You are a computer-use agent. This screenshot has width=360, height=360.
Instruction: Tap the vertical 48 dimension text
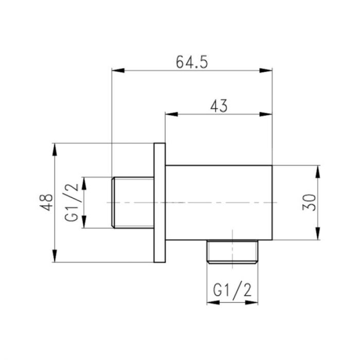pyautogui.click(x=47, y=202)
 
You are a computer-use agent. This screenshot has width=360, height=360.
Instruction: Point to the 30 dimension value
pyautogui.click(x=309, y=202)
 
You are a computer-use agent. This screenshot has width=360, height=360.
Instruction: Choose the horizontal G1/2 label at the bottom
pyautogui.click(x=232, y=291)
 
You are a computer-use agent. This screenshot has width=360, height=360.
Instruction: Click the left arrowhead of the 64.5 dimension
pyautogui.click(x=117, y=70)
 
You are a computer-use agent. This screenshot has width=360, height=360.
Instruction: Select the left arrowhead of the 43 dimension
pyautogui.click(x=169, y=114)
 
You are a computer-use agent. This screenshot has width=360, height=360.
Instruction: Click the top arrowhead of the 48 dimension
pyautogui.click(x=55, y=149)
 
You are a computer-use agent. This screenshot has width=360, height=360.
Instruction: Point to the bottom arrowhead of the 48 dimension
pyautogui.click(x=55, y=258)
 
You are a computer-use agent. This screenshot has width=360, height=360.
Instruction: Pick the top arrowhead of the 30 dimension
pyautogui.click(x=318, y=170)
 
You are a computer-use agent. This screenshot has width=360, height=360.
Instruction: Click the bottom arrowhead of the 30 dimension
pyautogui.click(x=318, y=235)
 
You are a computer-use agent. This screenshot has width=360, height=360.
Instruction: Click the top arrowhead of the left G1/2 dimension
pyautogui.click(x=85, y=182)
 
